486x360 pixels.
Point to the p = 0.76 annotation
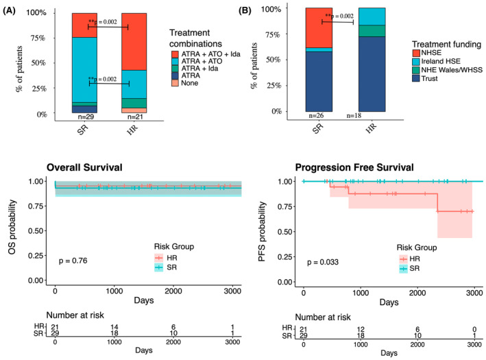click(x=74, y=261)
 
